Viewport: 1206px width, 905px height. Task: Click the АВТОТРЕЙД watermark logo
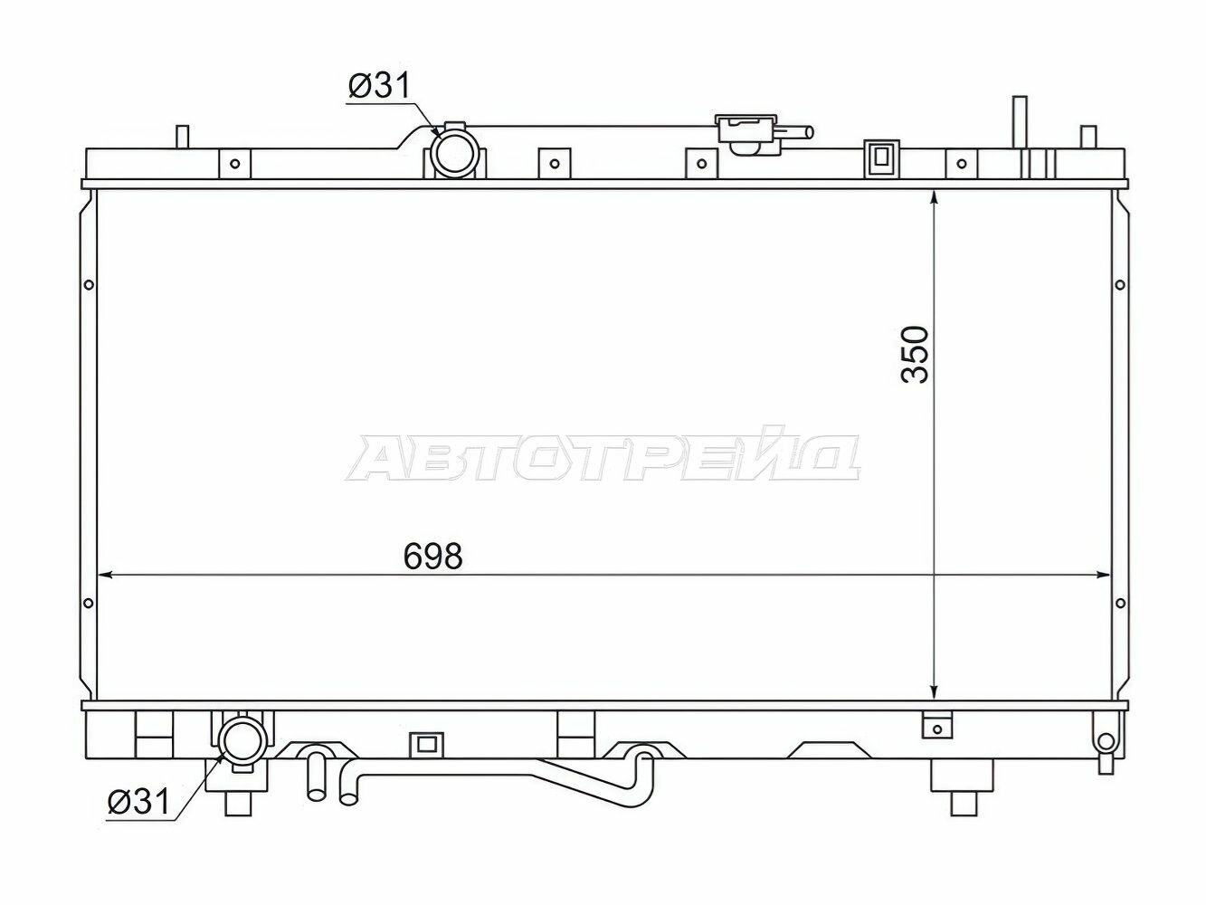(603, 457)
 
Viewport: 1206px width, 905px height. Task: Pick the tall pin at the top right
(1020, 121)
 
